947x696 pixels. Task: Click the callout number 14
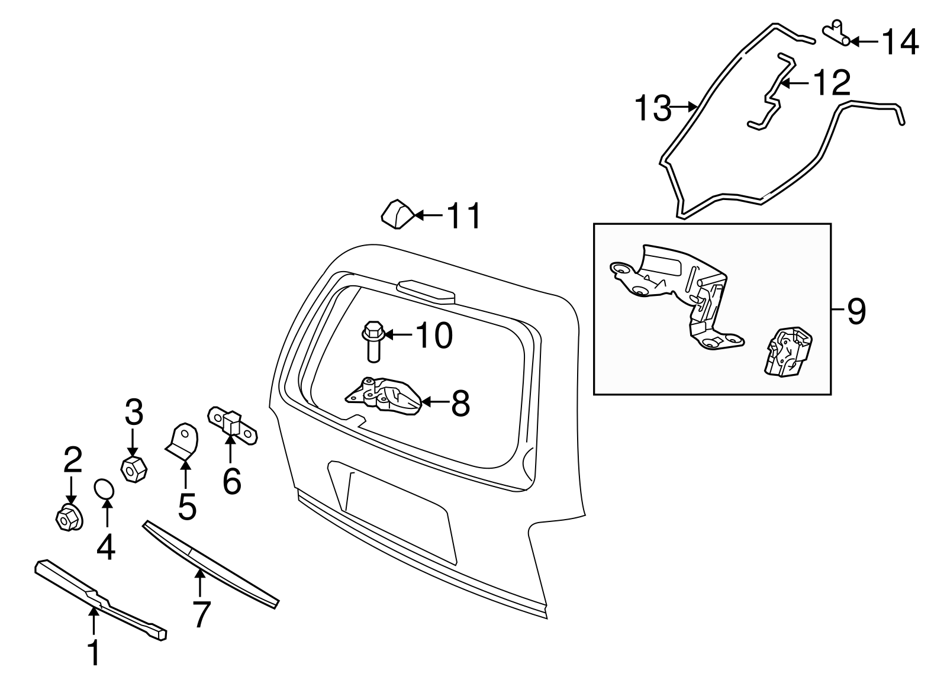(x=900, y=42)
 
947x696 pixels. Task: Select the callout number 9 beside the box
(x=856, y=311)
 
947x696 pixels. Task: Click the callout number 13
(x=653, y=108)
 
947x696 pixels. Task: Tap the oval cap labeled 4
(x=105, y=490)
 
